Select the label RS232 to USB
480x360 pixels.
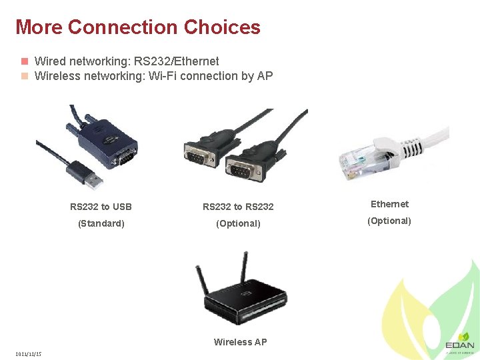pyautogui.click(x=101, y=207)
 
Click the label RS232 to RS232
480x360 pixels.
pyautogui.click(x=238, y=207)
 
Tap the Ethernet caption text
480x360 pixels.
pyautogui.click(x=389, y=204)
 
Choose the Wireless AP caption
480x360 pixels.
pyautogui.click(x=240, y=342)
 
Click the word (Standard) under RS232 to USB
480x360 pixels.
pyautogui.click(x=101, y=223)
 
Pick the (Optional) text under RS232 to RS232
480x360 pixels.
pyautogui.click(x=238, y=223)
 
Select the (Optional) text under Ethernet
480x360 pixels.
pyautogui.click(x=389, y=221)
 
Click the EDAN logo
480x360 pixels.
pyautogui.click(x=460, y=343)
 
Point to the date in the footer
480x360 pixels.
pyautogui.click(x=29, y=353)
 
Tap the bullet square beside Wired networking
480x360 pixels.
pyautogui.click(x=24, y=61)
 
